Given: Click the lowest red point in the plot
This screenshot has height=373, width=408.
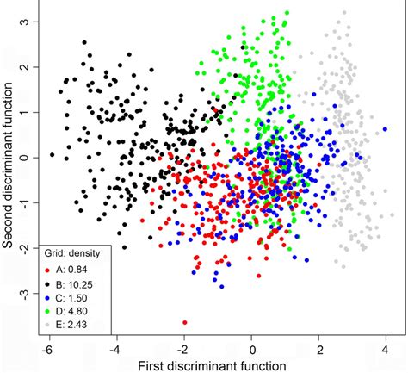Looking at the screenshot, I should [185, 322].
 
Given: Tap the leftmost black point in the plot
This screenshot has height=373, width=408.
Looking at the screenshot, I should [53, 155].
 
